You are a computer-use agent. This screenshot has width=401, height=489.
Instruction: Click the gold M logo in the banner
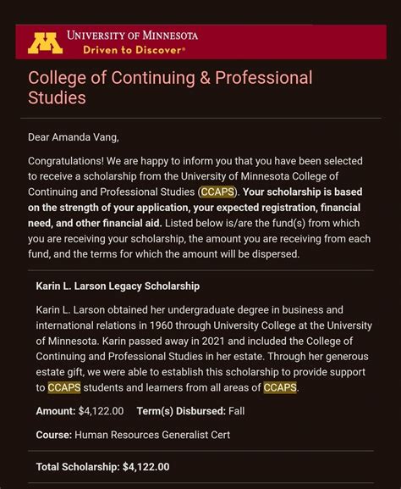45,42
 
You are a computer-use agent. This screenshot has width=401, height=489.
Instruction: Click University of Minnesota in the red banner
133,36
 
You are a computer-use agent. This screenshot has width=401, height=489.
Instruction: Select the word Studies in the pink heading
57,98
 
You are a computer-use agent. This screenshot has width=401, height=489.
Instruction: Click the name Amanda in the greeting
79,137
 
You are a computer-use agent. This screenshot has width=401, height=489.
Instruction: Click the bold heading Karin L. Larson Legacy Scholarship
118,286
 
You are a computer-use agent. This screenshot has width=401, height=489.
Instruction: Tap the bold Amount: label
56,411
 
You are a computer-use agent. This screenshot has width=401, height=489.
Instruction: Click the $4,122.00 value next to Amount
101,411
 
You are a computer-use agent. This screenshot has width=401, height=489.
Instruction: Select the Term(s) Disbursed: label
181,411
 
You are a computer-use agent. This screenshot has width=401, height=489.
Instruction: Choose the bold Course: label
53,435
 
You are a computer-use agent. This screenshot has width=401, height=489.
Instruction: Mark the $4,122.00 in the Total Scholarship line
146,466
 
